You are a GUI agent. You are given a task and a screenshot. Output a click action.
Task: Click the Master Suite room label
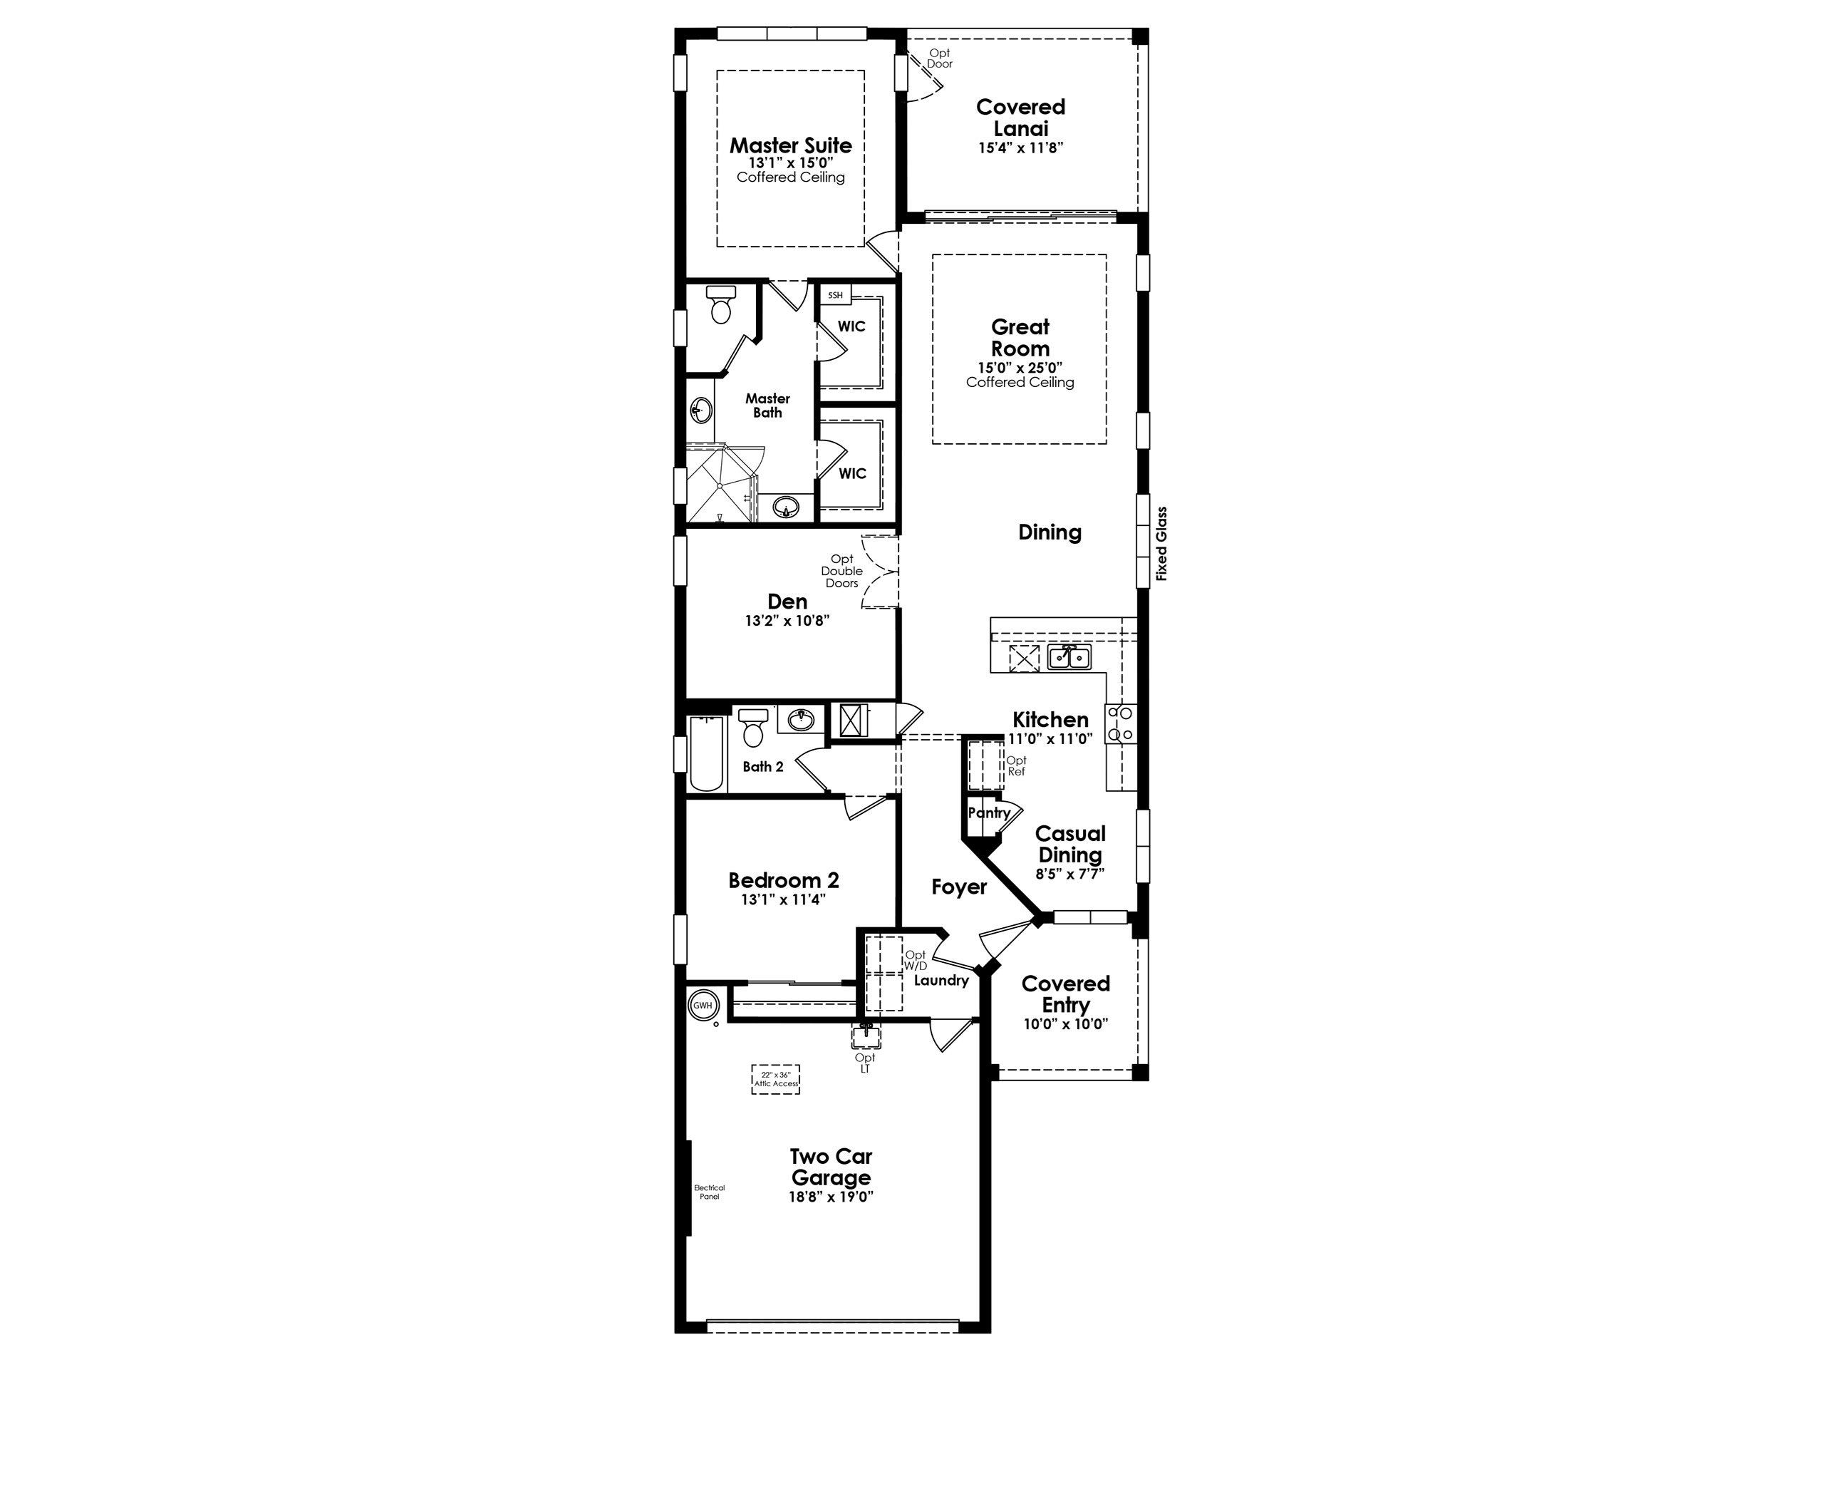click(790, 145)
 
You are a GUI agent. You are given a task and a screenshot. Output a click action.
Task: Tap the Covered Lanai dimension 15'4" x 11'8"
click(1020, 148)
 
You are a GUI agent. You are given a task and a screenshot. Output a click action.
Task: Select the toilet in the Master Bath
click(720, 305)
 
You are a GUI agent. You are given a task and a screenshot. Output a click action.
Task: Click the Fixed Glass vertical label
click(1161, 544)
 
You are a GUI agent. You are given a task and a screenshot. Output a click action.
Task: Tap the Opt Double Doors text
click(841, 571)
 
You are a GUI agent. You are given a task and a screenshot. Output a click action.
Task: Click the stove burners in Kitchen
click(1121, 723)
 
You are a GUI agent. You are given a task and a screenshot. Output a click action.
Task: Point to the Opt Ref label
click(1016, 766)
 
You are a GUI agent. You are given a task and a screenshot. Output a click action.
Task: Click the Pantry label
click(988, 812)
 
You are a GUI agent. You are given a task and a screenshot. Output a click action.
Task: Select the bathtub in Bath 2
click(707, 753)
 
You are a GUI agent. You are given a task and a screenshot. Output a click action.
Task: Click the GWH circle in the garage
click(703, 1006)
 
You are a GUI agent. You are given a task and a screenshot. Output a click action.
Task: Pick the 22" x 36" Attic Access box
click(775, 1079)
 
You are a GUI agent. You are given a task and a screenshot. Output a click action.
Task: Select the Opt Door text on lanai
click(940, 58)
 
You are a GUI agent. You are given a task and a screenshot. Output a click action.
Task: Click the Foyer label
click(958, 887)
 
